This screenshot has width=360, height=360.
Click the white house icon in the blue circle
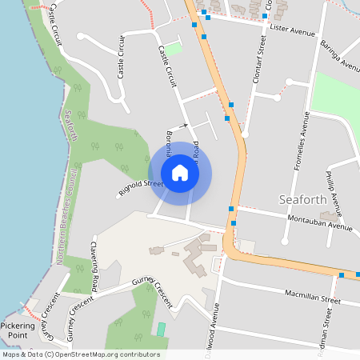pos(180,173)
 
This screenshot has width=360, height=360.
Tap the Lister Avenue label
pos(293,30)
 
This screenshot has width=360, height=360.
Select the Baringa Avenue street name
pos(340,56)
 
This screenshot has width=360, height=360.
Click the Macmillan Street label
pos(313,295)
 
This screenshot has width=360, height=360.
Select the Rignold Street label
pos(141,189)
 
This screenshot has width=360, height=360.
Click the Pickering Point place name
pos(18,330)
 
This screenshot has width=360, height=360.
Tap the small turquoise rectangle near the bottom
pos(161,329)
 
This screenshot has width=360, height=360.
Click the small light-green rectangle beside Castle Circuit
pos(173,50)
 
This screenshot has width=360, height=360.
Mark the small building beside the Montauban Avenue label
pos(328,216)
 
